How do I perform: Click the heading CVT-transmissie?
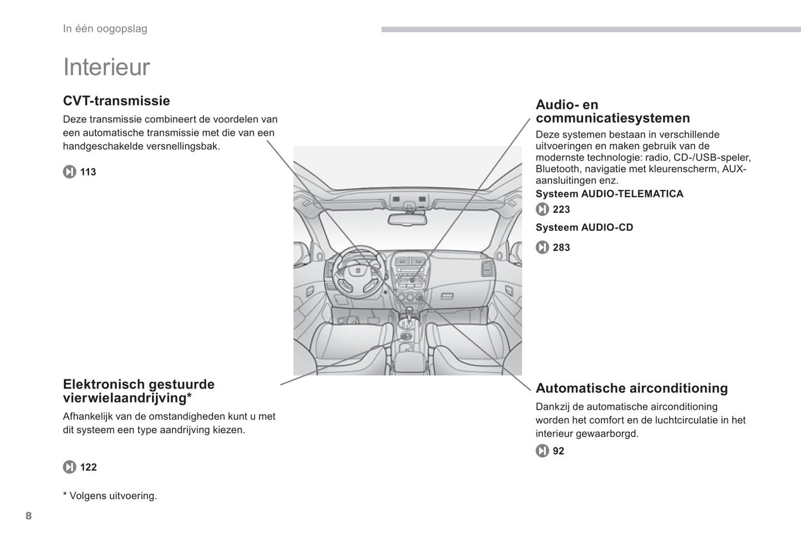(x=116, y=101)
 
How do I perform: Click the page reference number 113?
(x=88, y=172)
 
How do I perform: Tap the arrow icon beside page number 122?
(x=69, y=467)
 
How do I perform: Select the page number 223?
(x=561, y=209)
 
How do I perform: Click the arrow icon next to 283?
(x=542, y=248)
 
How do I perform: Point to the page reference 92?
(x=558, y=451)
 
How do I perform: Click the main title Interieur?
(x=106, y=67)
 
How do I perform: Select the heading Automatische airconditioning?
(x=631, y=388)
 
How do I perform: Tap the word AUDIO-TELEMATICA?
(x=632, y=194)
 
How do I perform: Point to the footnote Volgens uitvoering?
(x=113, y=496)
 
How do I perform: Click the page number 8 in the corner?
(x=29, y=516)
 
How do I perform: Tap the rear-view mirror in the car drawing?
(x=407, y=219)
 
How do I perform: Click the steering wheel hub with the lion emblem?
(x=359, y=269)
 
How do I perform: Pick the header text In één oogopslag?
(x=105, y=29)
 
